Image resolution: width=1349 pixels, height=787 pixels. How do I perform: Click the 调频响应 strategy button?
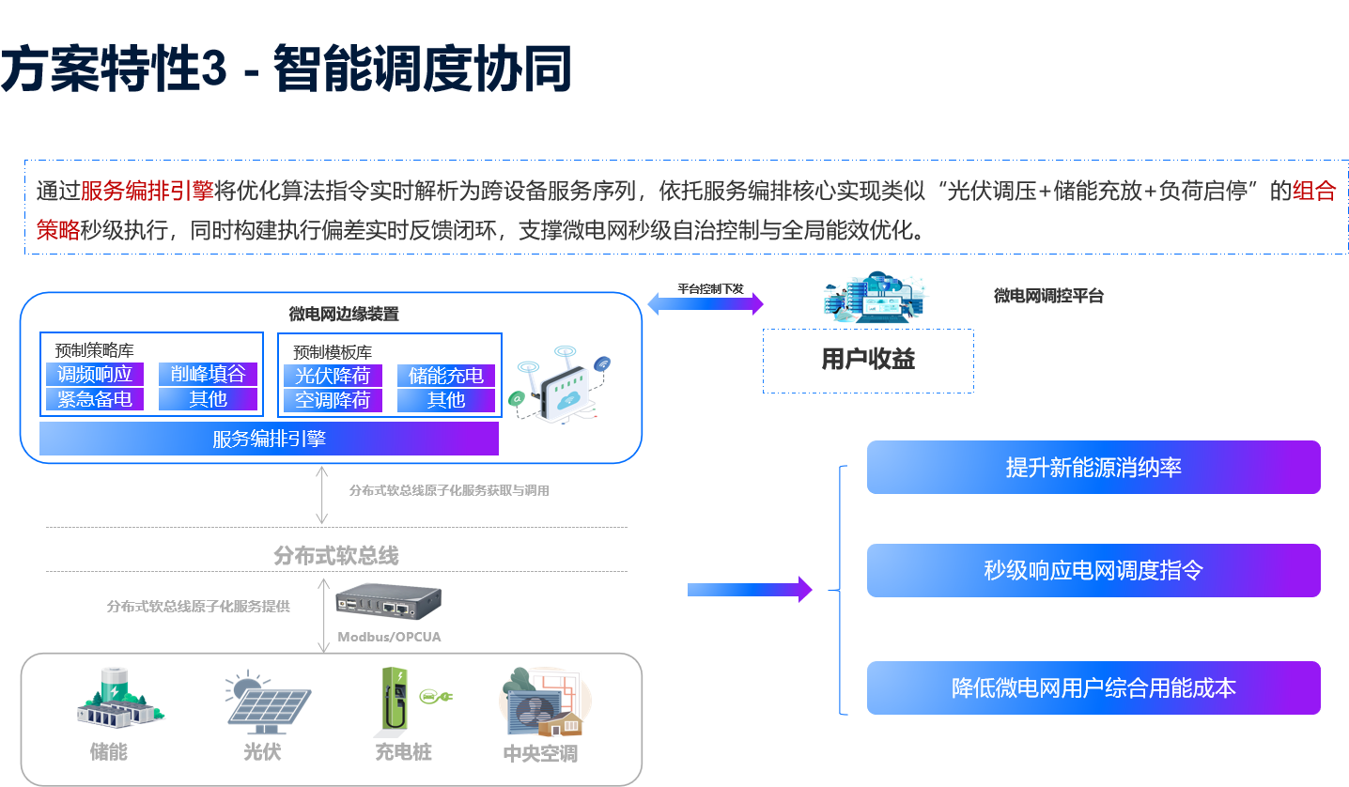pos(95,374)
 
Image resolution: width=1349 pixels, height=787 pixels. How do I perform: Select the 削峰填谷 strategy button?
pos(208,374)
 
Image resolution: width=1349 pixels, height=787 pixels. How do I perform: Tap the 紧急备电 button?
pos(95,399)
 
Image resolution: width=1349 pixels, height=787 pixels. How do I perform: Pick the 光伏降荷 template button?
pos(333,376)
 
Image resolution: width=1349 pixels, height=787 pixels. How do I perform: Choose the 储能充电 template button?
pos(446,376)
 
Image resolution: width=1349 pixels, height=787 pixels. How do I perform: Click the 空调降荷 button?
pos(333,401)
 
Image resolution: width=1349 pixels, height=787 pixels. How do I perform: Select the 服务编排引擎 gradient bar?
pos(269,439)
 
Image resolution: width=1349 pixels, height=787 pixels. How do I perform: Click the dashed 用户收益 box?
pos(868,360)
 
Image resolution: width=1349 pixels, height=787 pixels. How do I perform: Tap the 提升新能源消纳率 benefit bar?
pos(1093,467)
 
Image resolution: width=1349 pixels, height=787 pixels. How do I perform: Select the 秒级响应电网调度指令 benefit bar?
pos(1093,570)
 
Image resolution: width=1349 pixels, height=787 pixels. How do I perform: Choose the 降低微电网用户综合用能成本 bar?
pos(1093,687)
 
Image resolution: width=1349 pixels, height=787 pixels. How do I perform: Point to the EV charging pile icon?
pos(411,702)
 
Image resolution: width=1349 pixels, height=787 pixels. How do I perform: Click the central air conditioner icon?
pos(543,702)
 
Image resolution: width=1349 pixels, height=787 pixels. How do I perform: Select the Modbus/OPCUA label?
pos(389,637)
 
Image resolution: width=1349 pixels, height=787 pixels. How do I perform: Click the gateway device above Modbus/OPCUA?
pos(389,601)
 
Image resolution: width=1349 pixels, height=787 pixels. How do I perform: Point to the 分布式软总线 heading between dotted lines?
pos(336,556)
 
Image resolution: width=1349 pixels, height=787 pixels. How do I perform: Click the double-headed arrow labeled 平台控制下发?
pos(706,302)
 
